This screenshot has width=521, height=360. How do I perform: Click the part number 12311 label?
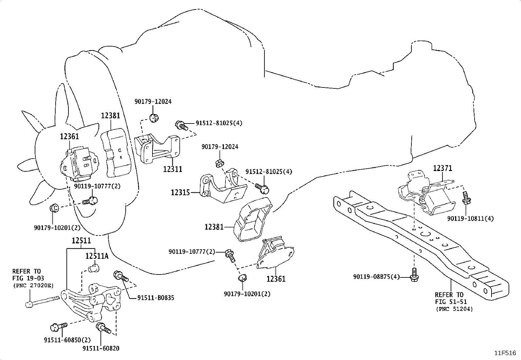(x=172, y=169)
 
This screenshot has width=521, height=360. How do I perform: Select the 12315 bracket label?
(x=181, y=193)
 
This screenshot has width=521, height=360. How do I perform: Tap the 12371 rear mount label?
(x=442, y=168)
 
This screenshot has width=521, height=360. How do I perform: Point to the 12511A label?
(x=97, y=256)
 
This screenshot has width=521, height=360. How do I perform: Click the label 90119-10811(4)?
(x=470, y=219)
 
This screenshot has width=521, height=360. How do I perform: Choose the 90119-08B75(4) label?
(x=376, y=277)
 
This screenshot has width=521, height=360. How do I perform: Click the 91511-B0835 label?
(x=155, y=298)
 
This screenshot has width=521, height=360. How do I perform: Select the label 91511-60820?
(x=101, y=348)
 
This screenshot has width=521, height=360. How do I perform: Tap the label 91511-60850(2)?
(x=67, y=340)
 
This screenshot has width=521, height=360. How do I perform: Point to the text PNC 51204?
(x=454, y=309)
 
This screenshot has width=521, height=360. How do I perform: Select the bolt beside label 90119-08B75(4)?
(x=414, y=275)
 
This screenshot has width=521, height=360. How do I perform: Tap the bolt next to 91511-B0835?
(x=120, y=276)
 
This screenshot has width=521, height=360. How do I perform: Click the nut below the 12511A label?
(x=94, y=268)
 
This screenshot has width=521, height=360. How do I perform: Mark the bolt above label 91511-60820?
(x=103, y=328)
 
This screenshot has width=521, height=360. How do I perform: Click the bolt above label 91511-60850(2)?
(x=59, y=327)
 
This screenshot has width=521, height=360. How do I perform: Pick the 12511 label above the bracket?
(x=81, y=240)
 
